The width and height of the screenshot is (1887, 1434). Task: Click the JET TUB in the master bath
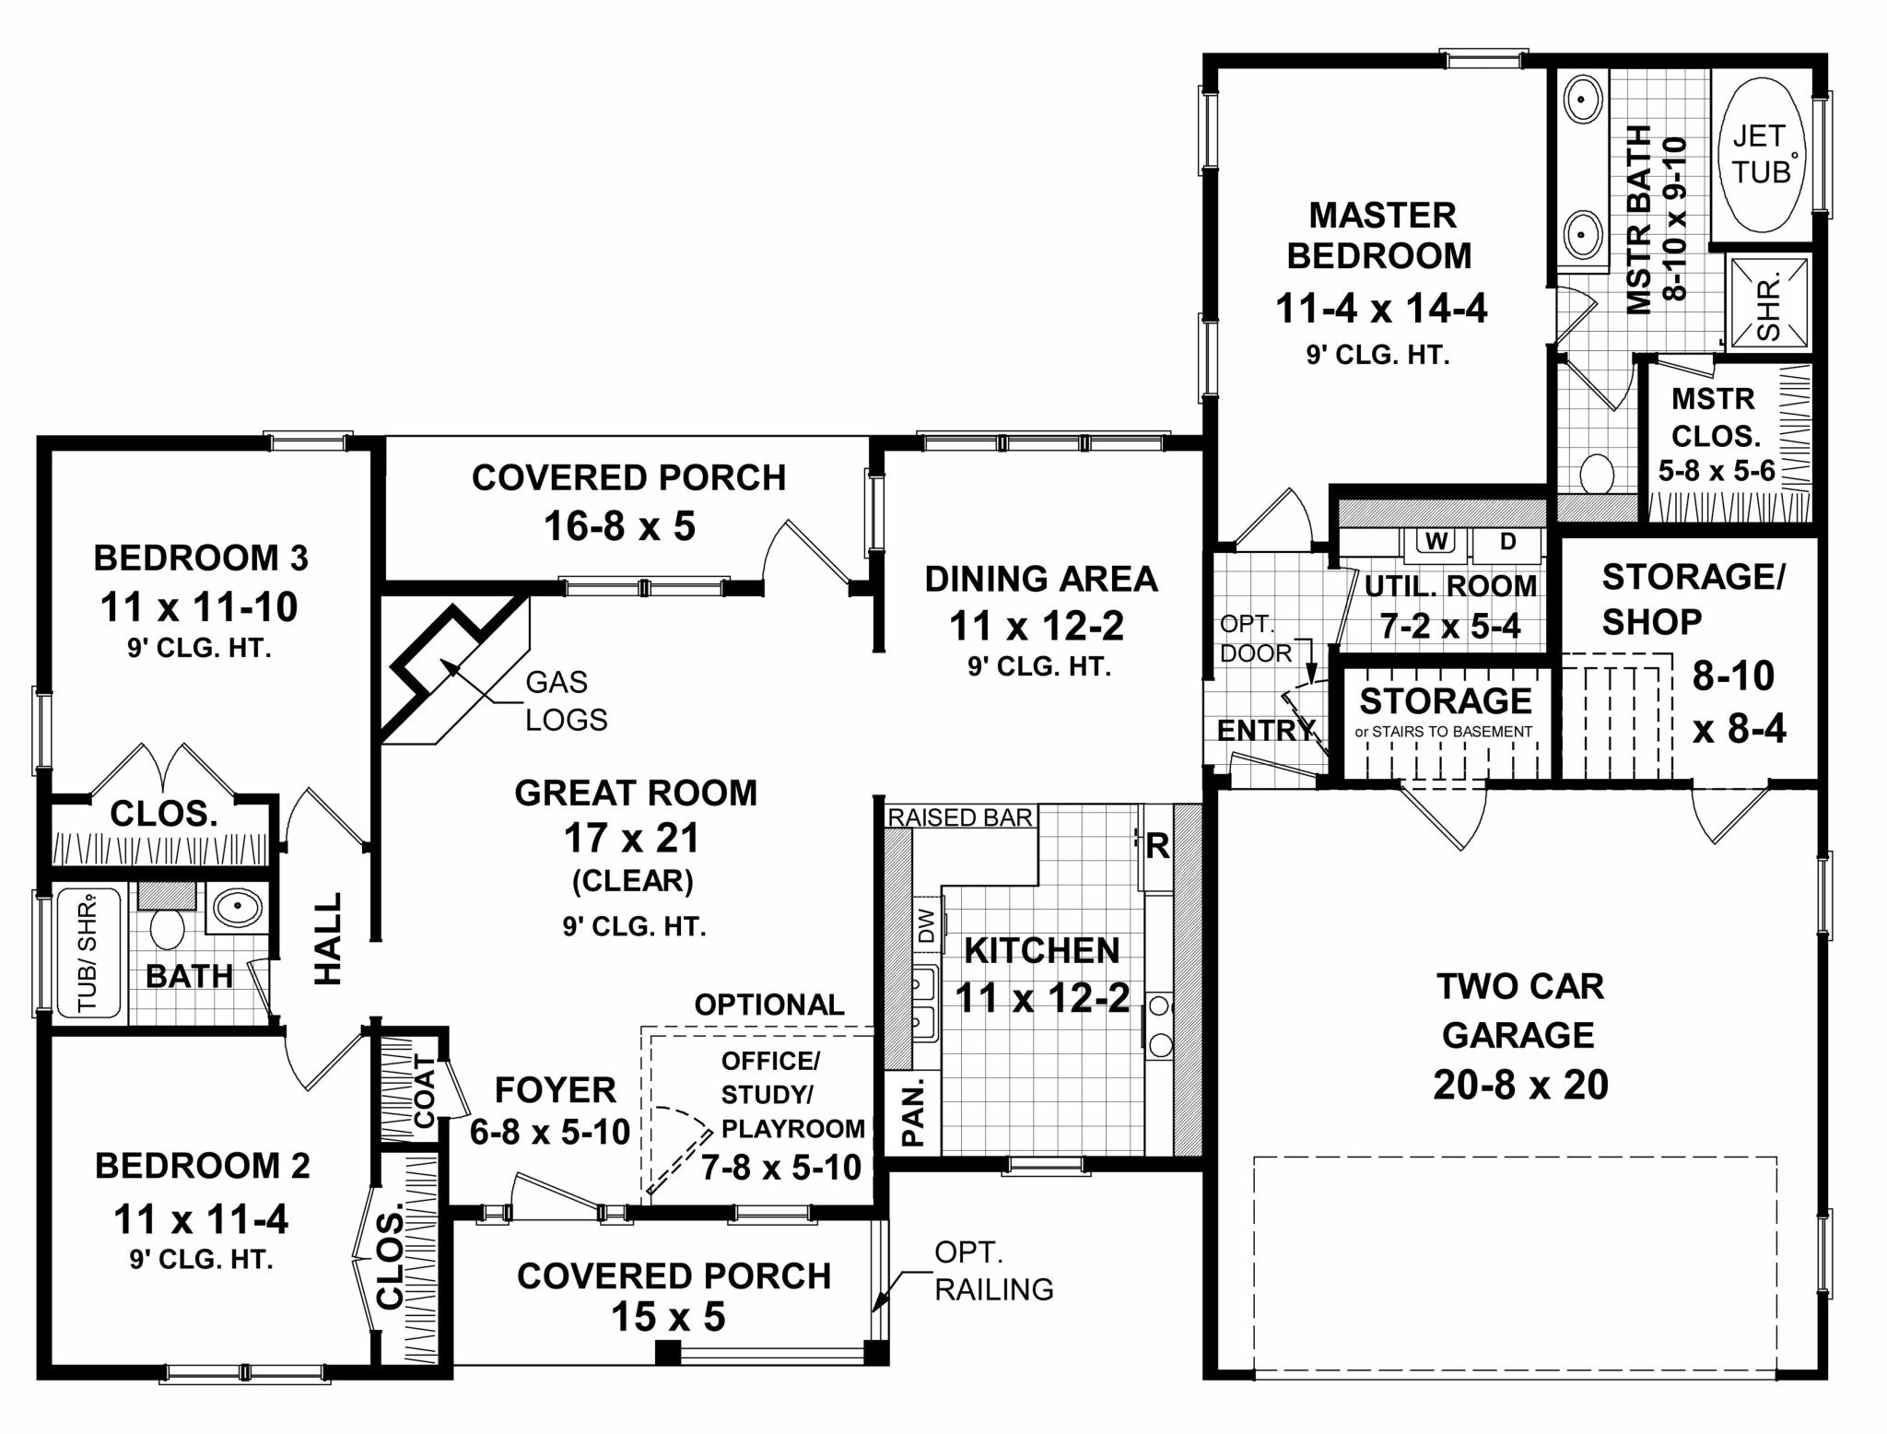point(1761,155)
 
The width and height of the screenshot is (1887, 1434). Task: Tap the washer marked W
point(1435,542)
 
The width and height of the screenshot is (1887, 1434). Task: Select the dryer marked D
point(1507,542)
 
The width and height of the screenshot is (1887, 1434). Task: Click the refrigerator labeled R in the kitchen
point(1157,846)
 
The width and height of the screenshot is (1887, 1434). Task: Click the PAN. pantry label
point(912,1112)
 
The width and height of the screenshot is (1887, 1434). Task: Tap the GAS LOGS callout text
point(566,700)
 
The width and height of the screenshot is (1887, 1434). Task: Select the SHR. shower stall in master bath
point(1767,305)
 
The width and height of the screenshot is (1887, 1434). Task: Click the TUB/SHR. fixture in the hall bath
point(88,953)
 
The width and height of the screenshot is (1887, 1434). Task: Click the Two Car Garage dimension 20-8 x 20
point(1520,1085)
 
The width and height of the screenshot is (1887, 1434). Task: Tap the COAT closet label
point(424,1090)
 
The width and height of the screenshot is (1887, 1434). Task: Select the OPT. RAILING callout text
point(993,1270)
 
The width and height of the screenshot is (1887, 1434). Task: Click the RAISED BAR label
point(959,817)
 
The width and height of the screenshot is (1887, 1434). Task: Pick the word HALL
point(328,938)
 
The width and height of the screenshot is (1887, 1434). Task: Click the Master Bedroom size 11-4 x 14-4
point(1380,309)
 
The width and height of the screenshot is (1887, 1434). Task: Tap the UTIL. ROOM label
point(1450,586)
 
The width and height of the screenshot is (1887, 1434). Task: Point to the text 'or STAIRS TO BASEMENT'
point(1444,732)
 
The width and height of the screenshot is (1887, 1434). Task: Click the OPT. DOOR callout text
point(1255,639)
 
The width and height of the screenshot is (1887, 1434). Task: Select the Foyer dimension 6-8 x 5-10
point(550,1132)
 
